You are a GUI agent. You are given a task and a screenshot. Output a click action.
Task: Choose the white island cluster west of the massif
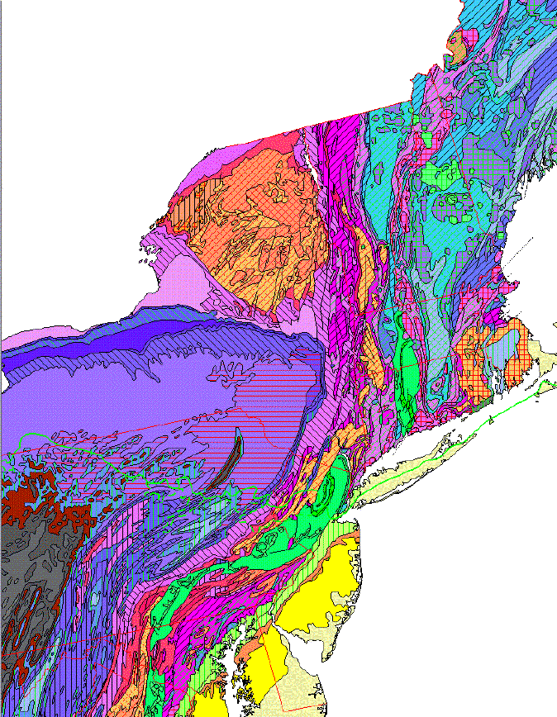pyautogui.click(x=149, y=248)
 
